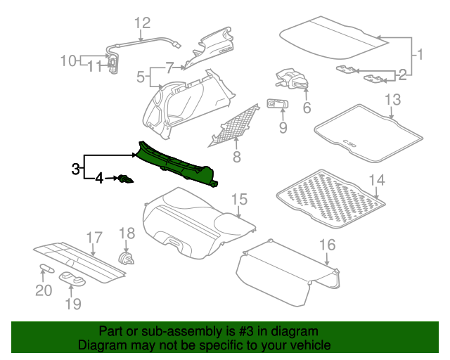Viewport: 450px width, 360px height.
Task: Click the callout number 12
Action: pyautogui.click(x=143, y=23)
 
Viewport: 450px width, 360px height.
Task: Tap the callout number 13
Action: pyautogui.click(x=392, y=98)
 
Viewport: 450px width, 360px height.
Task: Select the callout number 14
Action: pyautogui.click(x=378, y=181)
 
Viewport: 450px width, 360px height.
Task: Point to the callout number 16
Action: pyautogui.click(x=328, y=245)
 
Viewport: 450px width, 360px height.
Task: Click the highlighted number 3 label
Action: pyautogui.click(x=75, y=169)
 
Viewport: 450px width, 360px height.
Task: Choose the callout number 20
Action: pyautogui.click(x=44, y=290)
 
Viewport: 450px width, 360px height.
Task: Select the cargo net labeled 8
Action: pyautogui.click(x=234, y=123)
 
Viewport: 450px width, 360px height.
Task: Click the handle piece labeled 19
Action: pyautogui.click(x=72, y=277)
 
